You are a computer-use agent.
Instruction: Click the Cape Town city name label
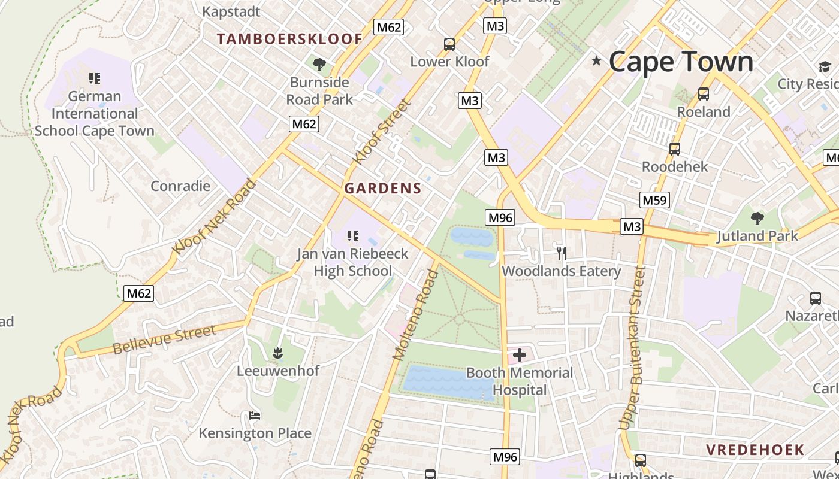coord(681,62)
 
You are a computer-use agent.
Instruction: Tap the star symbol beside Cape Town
coord(596,60)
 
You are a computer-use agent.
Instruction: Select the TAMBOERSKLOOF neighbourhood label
coord(289,39)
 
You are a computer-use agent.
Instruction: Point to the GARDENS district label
coord(383,188)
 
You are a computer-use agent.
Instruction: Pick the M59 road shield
coord(654,200)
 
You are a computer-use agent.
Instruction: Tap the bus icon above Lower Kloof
coord(449,44)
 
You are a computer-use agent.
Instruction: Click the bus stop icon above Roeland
coord(704,94)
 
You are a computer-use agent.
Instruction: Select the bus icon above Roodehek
coord(675,149)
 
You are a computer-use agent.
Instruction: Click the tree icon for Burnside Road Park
coord(319,64)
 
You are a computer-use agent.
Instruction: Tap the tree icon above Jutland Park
coord(757,218)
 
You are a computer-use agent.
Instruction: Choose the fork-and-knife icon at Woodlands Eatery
coord(561,253)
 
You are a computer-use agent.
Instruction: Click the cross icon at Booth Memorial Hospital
coord(519,355)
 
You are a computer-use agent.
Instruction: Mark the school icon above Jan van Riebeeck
coord(353,236)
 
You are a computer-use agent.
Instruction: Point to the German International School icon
coord(94,78)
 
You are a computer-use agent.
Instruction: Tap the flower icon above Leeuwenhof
coord(277,353)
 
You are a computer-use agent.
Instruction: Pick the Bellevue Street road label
coord(164,339)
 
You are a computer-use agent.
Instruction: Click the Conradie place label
coord(180,186)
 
